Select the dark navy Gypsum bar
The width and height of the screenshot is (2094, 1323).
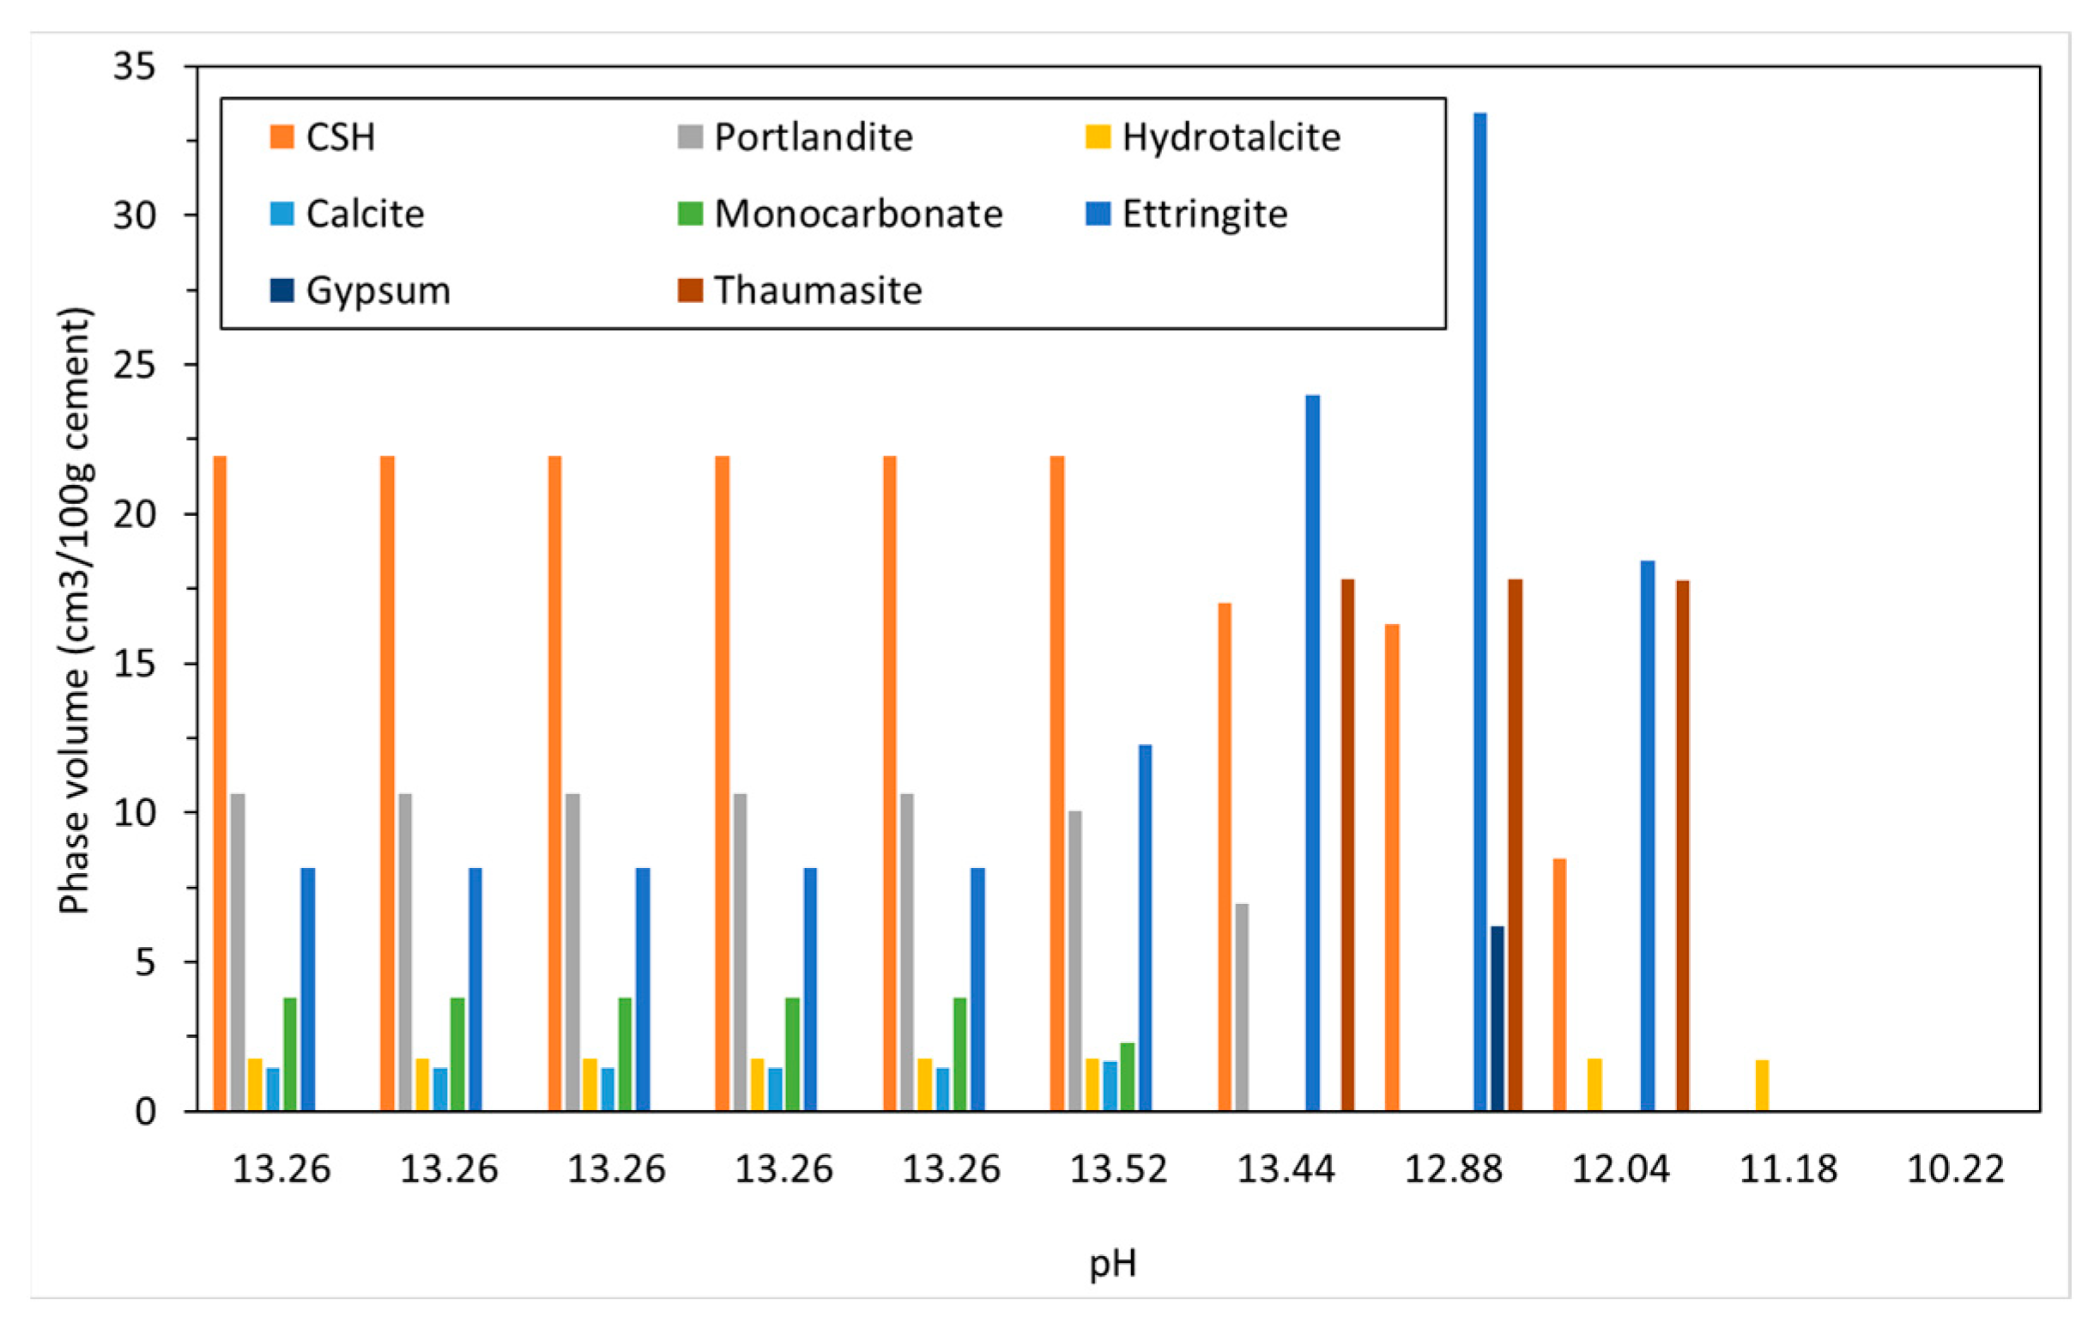pos(1497,1017)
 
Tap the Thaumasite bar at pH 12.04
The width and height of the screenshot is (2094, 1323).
pos(1682,845)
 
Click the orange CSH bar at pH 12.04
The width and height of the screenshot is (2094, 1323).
pos(1559,984)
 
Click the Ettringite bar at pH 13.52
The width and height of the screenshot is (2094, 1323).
pos(1144,927)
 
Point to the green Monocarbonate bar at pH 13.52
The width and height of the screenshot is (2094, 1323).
pos(1127,1076)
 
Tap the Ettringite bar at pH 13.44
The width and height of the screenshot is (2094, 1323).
pos(1312,752)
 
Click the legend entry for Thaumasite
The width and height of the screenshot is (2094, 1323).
pos(816,290)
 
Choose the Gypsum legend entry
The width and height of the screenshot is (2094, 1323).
pos(378,290)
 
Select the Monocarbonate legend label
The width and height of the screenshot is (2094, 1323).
pos(857,214)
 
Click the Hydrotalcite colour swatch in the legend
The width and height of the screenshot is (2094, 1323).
pos(1098,137)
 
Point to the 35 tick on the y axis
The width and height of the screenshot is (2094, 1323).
pos(134,66)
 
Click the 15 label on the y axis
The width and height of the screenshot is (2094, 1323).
pos(134,664)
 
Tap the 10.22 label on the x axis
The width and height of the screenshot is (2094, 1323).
pos(1955,1169)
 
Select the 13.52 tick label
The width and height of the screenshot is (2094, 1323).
pos(1117,1169)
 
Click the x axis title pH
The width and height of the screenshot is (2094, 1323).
pos(1112,1263)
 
